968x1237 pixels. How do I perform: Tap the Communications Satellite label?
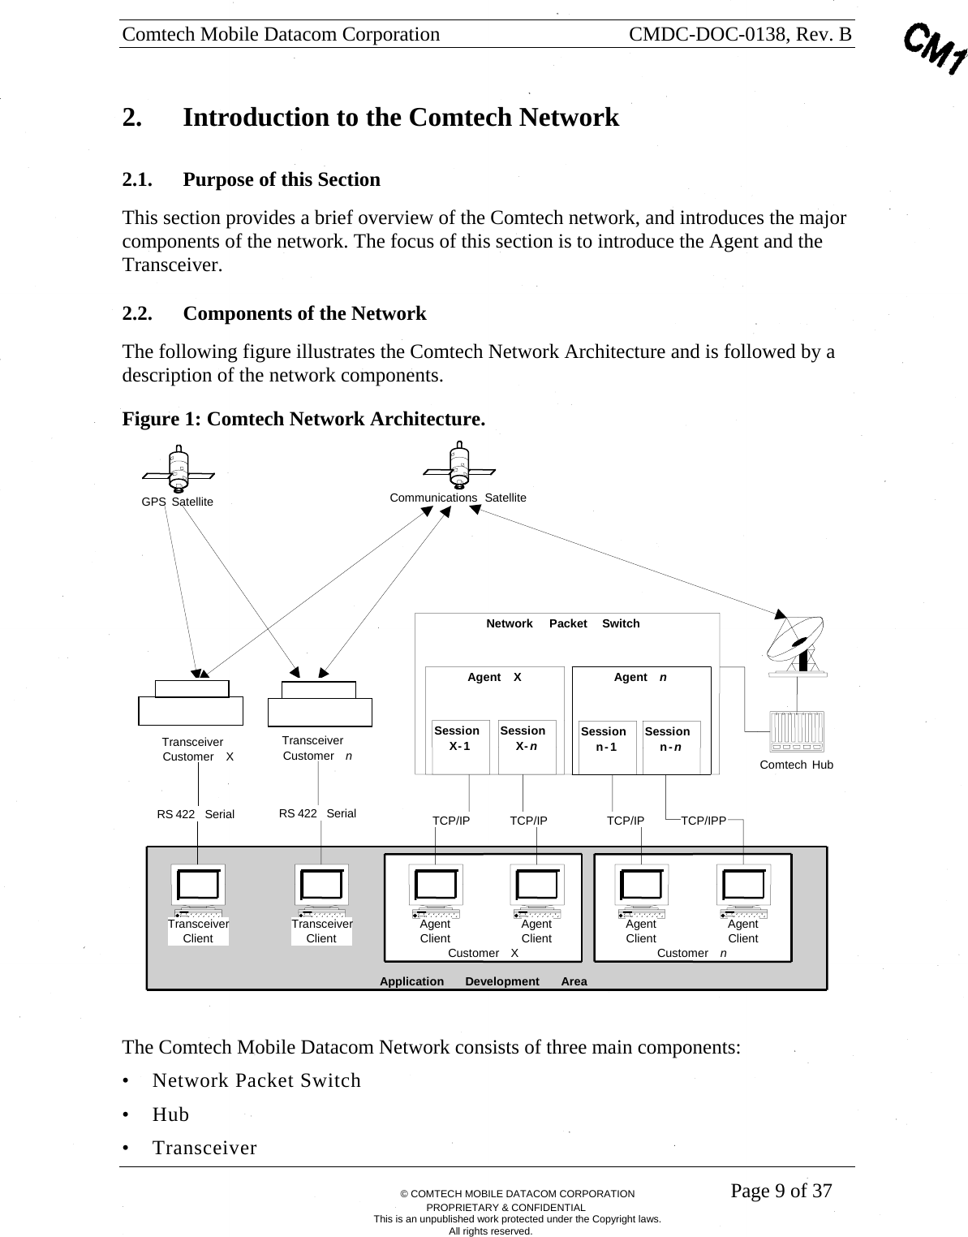click(x=458, y=498)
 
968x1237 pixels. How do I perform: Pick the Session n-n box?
click(x=671, y=745)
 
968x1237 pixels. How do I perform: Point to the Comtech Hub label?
click(x=796, y=765)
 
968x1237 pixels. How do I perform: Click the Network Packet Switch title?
click(x=562, y=623)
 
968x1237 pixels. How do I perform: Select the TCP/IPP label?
click(x=703, y=821)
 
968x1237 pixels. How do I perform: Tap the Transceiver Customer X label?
click(x=197, y=749)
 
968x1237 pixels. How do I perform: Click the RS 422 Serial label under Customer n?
click(x=317, y=813)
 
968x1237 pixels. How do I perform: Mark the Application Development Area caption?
click(x=483, y=981)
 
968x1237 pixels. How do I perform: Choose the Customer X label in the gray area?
click(x=483, y=953)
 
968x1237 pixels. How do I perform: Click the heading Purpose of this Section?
click(x=281, y=179)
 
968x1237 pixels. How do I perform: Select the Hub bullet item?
click(x=170, y=1114)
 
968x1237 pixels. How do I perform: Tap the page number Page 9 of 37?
click(x=781, y=1191)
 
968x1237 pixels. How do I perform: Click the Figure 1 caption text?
click(x=303, y=419)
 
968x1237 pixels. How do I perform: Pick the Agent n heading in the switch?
click(x=640, y=677)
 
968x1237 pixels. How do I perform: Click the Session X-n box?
click(x=527, y=745)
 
